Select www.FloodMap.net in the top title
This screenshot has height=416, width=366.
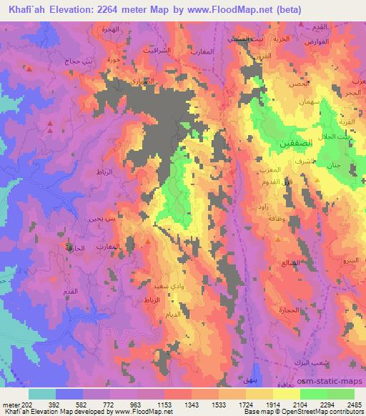[232, 9]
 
